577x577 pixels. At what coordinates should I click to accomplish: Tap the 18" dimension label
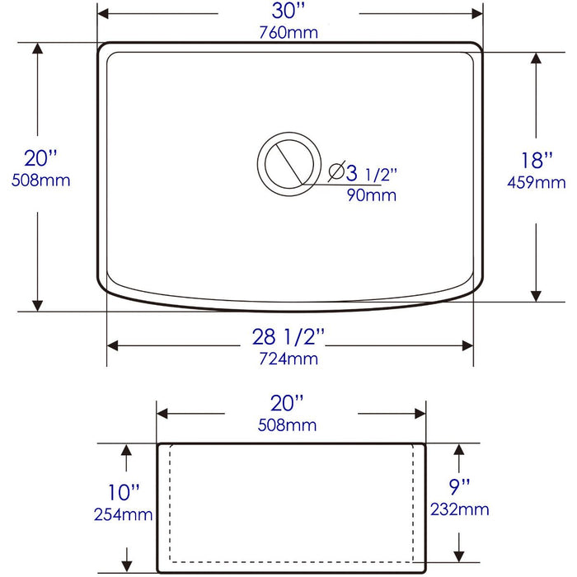pyautogui.click(x=537, y=161)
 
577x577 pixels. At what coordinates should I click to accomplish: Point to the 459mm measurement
pyautogui.click(x=537, y=182)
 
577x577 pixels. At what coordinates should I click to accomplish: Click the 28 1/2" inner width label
pyautogui.click(x=288, y=337)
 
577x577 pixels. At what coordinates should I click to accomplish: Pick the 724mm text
pyautogui.click(x=288, y=359)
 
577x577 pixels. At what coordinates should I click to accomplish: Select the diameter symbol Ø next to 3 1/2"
pyautogui.click(x=336, y=172)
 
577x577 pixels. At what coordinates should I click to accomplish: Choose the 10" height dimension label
pyautogui.click(x=124, y=493)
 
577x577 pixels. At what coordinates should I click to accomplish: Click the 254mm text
pyautogui.click(x=124, y=515)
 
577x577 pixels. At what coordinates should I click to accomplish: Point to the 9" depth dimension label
pyautogui.click(x=460, y=486)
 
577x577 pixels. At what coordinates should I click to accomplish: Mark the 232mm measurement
pyautogui.click(x=460, y=509)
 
